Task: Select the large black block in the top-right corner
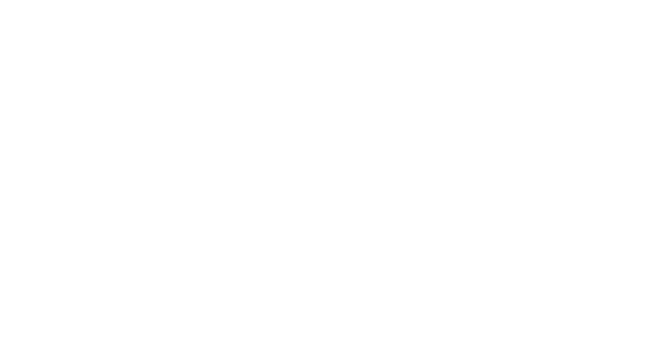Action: (545, 82)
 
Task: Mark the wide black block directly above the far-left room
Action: (185, 154)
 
